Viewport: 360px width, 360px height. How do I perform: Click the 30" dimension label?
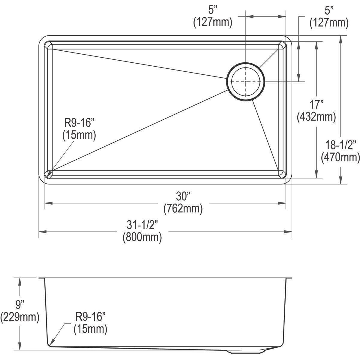183,197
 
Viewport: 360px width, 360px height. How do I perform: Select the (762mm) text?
183,208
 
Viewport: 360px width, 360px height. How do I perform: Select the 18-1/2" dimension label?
340,145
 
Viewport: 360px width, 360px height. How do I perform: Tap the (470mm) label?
340,157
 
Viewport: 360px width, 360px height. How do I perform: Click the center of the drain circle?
246,82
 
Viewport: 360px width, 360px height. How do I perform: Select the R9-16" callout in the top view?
79,123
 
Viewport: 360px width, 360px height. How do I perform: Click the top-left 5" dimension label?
213,11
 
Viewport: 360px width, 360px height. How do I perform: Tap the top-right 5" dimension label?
329,11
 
